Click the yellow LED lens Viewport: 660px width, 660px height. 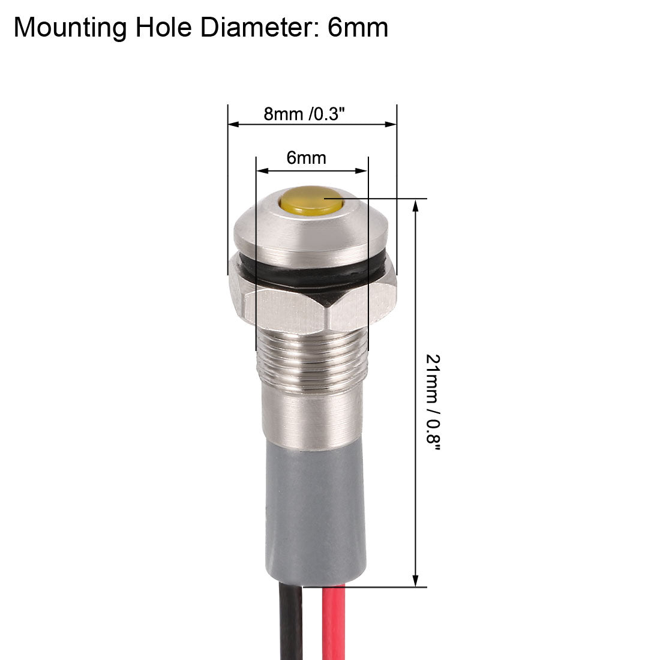pos(310,202)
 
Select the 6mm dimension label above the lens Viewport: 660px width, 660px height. pos(306,158)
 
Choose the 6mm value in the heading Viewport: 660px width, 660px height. pos(358,28)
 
